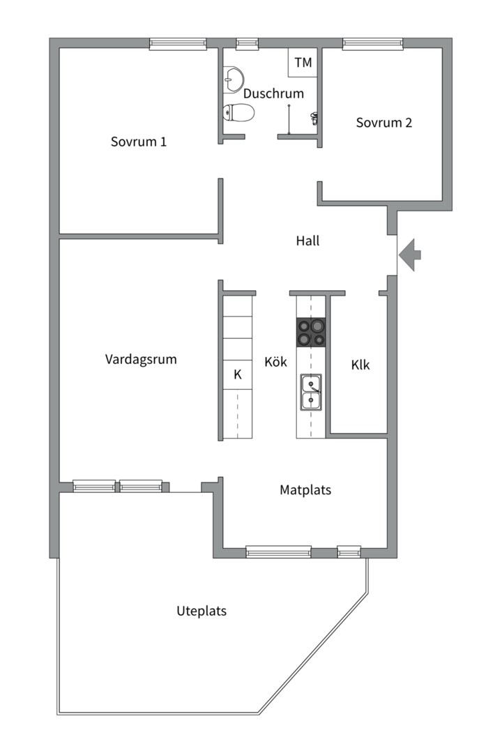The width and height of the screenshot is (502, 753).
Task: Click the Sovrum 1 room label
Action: point(139,142)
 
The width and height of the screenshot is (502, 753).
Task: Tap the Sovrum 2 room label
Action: point(383,123)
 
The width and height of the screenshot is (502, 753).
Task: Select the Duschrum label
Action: point(273,93)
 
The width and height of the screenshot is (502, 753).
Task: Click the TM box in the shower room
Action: point(303,63)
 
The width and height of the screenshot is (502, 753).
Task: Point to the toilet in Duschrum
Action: point(237,112)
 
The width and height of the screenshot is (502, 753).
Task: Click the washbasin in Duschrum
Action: point(234,79)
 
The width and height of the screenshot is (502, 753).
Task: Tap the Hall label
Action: point(307,241)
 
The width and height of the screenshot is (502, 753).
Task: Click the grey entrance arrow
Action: point(411,254)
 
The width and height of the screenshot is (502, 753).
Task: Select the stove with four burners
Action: point(311,332)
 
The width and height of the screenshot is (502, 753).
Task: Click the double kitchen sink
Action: point(311,392)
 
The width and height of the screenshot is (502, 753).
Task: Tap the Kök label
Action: point(275,363)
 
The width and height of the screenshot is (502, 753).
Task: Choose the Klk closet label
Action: point(360,365)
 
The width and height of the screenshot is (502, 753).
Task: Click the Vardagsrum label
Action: point(141,360)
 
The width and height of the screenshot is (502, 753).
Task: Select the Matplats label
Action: point(305,490)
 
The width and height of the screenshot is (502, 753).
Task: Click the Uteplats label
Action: point(201,611)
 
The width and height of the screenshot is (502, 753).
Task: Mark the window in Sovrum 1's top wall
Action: point(178,43)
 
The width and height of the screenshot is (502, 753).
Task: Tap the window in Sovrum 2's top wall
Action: point(373,43)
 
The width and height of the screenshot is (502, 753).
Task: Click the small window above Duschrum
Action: point(247,43)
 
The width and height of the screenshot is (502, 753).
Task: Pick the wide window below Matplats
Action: point(278,553)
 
